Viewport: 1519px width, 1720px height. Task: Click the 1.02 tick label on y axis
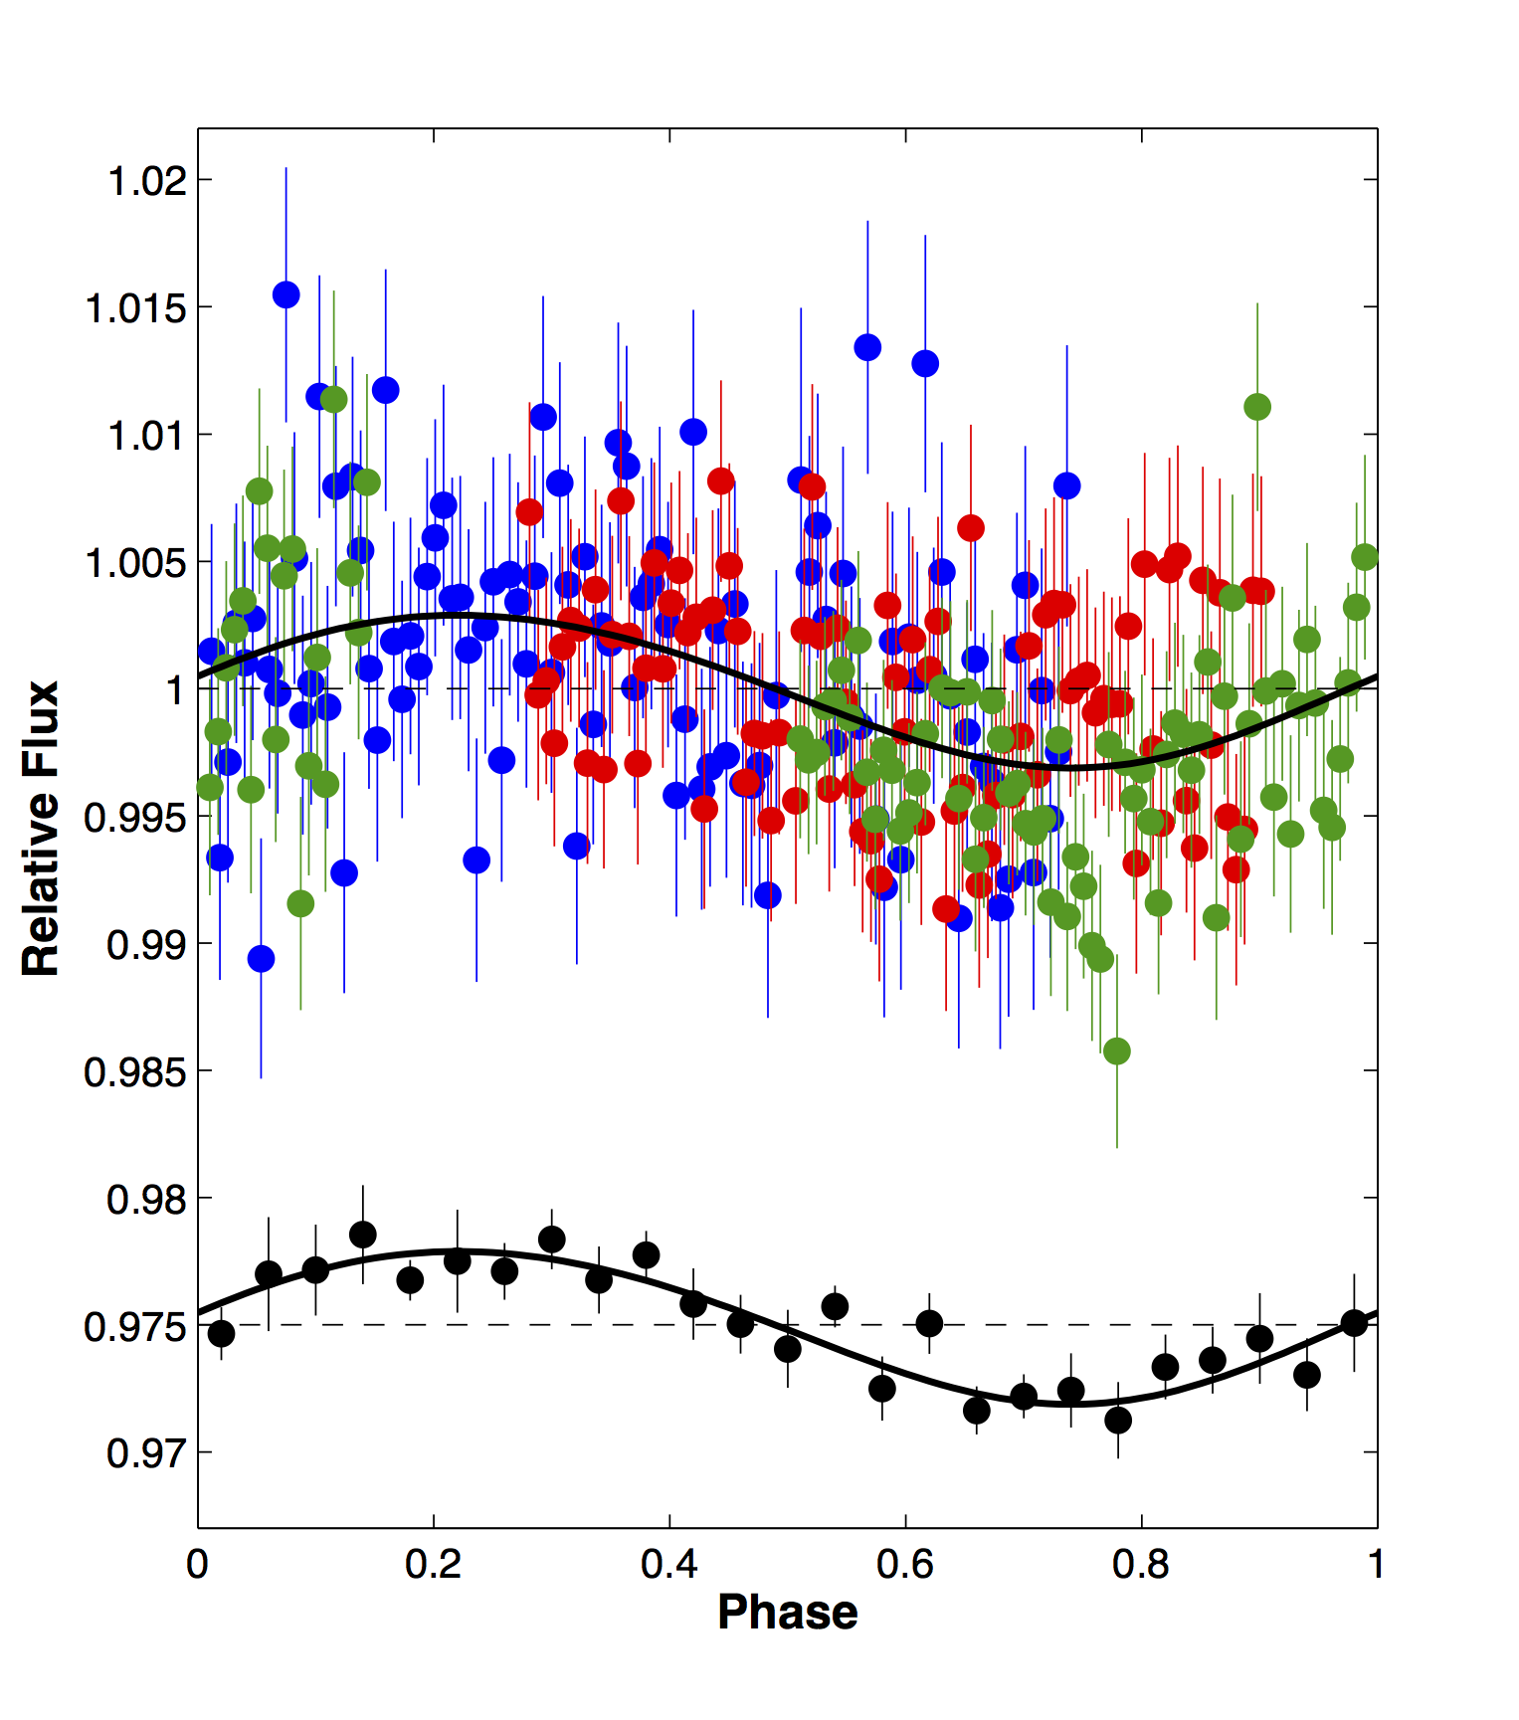(x=147, y=181)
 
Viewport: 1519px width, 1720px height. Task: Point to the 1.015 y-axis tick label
(x=136, y=308)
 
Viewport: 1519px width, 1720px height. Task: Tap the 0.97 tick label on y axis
(x=147, y=1453)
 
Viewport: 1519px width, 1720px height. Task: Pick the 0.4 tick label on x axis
(x=669, y=1565)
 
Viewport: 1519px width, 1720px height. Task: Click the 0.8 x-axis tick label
(x=1141, y=1565)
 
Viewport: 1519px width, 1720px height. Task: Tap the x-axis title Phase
(x=787, y=1613)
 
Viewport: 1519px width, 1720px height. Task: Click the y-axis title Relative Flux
(x=42, y=828)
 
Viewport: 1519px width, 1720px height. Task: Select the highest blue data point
(x=286, y=294)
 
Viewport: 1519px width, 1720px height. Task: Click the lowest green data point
(x=1117, y=1051)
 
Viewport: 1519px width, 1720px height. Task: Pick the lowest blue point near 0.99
(x=261, y=959)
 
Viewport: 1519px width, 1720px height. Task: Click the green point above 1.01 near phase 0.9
(x=1257, y=407)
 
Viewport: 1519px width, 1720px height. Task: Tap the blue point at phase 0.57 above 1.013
(x=867, y=347)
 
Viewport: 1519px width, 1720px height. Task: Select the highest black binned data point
(x=363, y=1235)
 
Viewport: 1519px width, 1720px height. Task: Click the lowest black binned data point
(x=1118, y=1420)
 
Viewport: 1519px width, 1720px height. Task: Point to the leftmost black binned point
(x=222, y=1333)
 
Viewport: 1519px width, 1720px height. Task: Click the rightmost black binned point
(x=1354, y=1323)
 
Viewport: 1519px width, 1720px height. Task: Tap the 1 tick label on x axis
(x=1376, y=1565)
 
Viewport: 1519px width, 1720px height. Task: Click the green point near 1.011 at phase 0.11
(x=334, y=400)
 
